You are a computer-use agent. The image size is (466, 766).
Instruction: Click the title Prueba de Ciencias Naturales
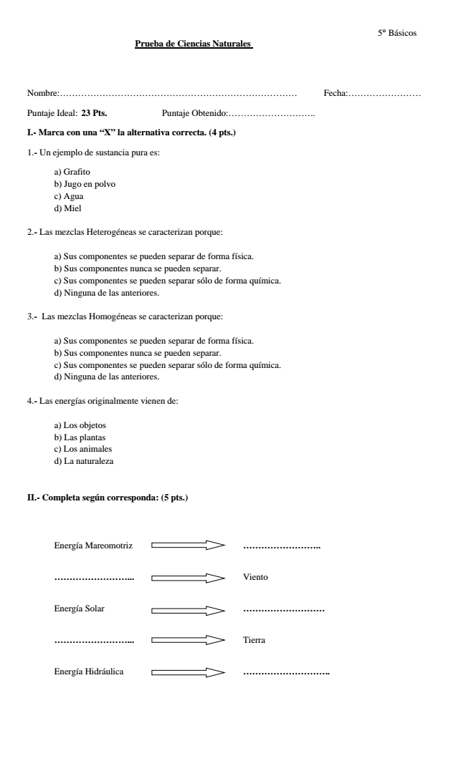(x=194, y=44)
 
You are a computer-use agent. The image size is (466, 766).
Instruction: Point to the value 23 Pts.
(x=95, y=113)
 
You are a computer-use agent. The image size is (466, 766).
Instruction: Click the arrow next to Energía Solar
(x=188, y=609)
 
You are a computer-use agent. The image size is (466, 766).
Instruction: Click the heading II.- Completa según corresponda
(x=107, y=498)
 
